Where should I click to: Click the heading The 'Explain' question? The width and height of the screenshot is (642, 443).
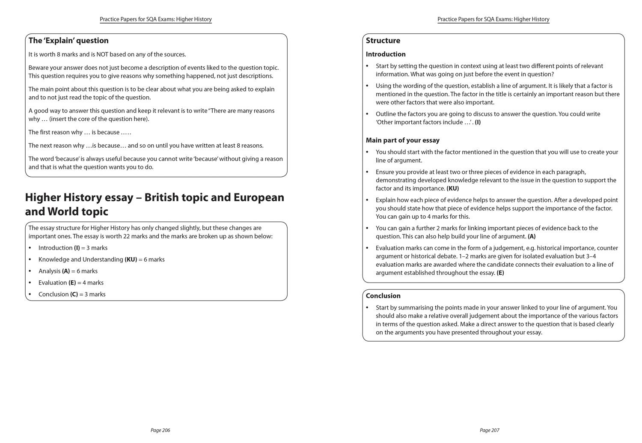point(68,41)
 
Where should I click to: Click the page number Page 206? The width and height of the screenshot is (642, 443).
point(160,430)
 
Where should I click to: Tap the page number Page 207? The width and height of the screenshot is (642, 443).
point(489,430)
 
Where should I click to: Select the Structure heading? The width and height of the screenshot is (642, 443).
point(383,41)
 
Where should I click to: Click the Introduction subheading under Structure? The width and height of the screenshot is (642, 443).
point(385,54)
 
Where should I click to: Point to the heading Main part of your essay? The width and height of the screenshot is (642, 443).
point(402,140)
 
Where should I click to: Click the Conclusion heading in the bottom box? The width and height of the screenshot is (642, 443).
point(383,296)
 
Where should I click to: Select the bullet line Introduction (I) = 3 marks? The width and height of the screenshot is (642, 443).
point(73,248)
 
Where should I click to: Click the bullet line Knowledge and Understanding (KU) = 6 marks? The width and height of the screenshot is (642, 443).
point(101,259)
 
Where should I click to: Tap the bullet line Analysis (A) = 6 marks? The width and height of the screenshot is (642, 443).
point(68,271)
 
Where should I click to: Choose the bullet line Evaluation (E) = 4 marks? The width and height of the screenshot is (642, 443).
point(71,282)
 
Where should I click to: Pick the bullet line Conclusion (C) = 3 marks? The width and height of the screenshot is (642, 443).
point(72,294)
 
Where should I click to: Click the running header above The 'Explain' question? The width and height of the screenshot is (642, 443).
point(155,19)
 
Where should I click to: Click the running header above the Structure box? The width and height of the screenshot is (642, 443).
point(493,19)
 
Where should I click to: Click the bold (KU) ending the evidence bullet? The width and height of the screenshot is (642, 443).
point(452,188)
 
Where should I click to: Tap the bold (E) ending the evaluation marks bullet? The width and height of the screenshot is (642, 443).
point(500,273)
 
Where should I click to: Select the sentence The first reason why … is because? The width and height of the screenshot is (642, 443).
point(80,132)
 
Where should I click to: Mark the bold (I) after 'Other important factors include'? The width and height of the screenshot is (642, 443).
point(478,122)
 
